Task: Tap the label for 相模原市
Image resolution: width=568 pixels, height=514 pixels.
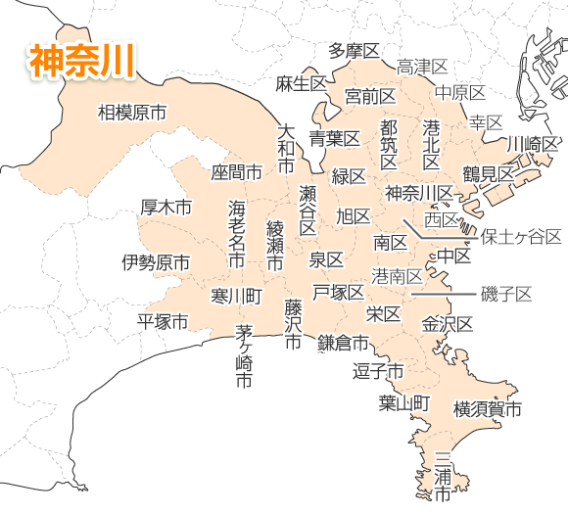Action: click(131, 114)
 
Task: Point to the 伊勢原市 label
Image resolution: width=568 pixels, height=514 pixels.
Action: click(156, 262)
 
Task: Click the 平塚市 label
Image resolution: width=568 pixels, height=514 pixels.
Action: click(162, 320)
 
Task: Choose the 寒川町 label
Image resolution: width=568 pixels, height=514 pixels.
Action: click(236, 295)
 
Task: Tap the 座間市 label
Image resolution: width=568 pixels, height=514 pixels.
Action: click(237, 172)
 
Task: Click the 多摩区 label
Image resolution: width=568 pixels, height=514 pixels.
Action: click(354, 51)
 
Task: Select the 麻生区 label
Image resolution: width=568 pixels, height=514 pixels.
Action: click(301, 81)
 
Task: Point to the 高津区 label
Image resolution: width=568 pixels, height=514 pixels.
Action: click(422, 67)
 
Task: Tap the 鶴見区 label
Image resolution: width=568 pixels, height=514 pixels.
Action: click(488, 173)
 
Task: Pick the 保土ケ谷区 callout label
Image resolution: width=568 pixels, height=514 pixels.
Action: click(521, 237)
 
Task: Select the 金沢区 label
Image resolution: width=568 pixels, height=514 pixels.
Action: click(448, 323)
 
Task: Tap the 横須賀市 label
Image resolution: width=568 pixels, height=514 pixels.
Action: click(487, 408)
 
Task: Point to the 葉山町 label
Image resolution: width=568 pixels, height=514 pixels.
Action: click(404, 402)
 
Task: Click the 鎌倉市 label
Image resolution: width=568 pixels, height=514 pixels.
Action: click(343, 343)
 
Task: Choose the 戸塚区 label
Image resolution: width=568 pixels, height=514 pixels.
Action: click(338, 292)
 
